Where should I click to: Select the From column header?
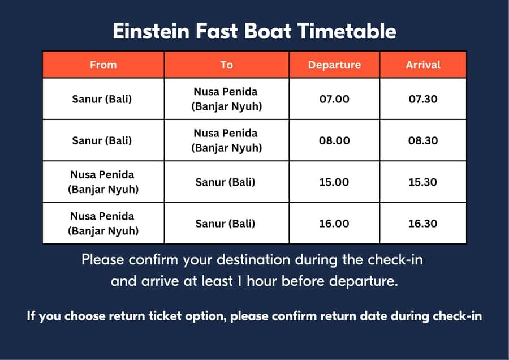[103, 65]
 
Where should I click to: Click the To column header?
[226, 65]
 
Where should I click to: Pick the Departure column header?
[334, 65]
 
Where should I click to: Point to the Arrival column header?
[422, 65]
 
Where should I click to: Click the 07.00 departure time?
[334, 99]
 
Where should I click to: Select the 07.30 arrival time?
[422, 99]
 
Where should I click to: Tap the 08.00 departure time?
[334, 140]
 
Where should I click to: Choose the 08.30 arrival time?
[422, 140]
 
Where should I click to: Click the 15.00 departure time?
[334, 182]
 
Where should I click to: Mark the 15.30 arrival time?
[422, 182]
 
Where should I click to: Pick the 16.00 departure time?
[334, 224]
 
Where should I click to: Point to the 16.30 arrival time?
[422, 224]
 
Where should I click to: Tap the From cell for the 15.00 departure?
[103, 182]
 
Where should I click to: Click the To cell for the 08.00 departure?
[226, 140]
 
